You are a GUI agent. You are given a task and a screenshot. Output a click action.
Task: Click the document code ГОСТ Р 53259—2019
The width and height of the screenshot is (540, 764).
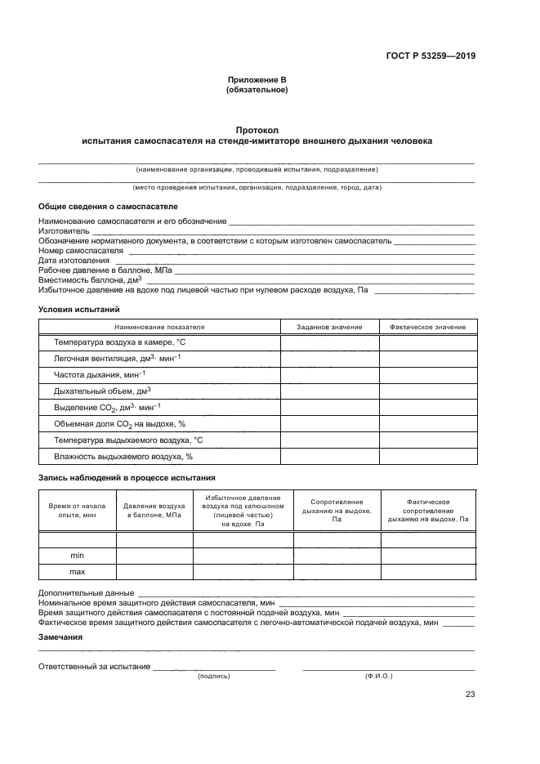pyautogui.click(x=430, y=56)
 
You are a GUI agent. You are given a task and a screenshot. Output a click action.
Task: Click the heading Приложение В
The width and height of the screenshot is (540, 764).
pyautogui.click(x=257, y=80)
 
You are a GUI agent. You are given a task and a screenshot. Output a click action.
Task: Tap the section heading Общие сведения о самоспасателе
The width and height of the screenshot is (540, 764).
pyautogui.click(x=108, y=207)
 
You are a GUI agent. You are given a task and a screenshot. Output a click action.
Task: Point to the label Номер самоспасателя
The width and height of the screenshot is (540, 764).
pyautogui.click(x=80, y=251)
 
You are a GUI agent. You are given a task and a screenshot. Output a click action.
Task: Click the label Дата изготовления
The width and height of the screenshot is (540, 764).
pyautogui.click(x=74, y=261)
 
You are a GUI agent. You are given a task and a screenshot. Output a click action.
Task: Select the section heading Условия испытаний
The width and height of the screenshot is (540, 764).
pyautogui.click(x=79, y=309)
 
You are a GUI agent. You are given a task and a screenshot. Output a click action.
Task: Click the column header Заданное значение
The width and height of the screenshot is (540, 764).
pyautogui.click(x=329, y=327)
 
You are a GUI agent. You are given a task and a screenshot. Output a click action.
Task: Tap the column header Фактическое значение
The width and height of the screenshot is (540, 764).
pyautogui.click(x=427, y=327)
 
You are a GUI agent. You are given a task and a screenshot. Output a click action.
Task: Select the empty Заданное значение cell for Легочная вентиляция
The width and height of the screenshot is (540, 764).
pyautogui.click(x=329, y=358)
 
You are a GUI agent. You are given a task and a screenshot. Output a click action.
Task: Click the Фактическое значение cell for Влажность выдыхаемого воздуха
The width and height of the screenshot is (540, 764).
pyautogui.click(x=427, y=457)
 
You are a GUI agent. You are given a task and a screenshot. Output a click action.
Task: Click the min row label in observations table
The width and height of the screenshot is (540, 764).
pyautogui.click(x=78, y=556)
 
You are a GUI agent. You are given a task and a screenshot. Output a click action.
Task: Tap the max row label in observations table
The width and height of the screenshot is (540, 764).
pyautogui.click(x=78, y=572)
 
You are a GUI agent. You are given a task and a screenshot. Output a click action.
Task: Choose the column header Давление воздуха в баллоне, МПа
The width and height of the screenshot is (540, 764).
pyautogui.click(x=154, y=511)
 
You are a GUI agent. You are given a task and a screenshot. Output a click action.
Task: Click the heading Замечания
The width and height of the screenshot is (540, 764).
pyautogui.click(x=60, y=637)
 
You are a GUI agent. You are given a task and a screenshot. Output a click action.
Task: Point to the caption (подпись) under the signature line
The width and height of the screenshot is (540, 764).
pyautogui.click(x=214, y=677)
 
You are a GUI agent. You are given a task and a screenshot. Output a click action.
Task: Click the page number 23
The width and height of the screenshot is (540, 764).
pyautogui.click(x=470, y=695)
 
